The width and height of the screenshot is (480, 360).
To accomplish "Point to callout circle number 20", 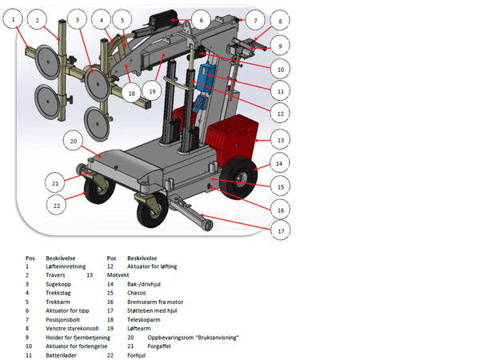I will (74, 142).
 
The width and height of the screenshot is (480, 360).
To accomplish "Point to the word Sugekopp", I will (62, 284).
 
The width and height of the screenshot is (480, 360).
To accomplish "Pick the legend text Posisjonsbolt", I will (65, 319).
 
